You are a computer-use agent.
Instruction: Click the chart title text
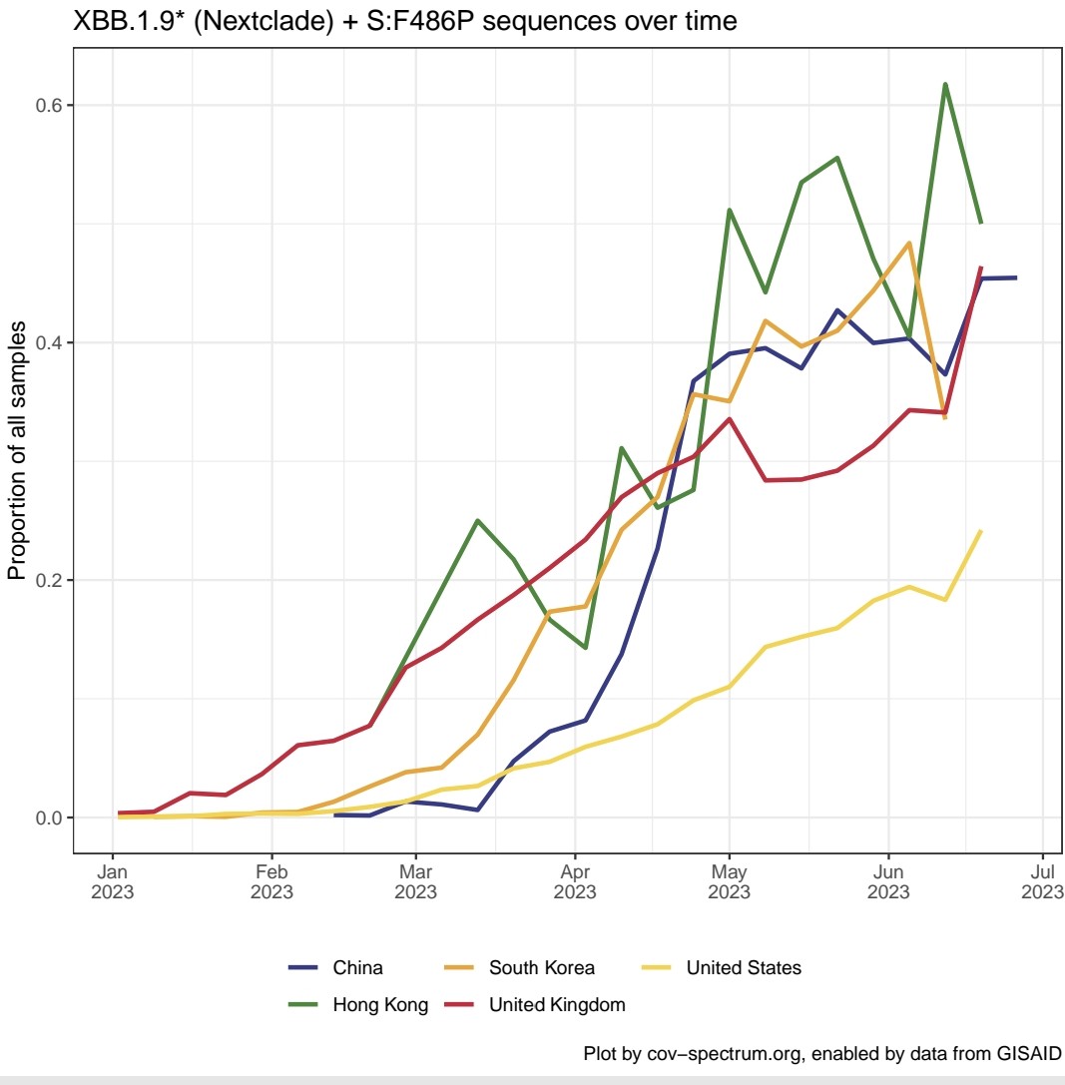coord(405,21)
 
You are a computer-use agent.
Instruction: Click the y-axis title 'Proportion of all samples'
coord(17,450)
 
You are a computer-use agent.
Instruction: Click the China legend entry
coord(357,967)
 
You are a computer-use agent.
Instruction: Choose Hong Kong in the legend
coord(379,1005)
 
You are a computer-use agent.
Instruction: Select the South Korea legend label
coord(541,967)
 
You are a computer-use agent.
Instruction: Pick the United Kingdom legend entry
coord(556,1005)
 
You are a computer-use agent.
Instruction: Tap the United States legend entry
coord(743,967)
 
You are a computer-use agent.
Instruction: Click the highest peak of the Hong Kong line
coord(944,84)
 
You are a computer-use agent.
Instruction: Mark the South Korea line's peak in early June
coord(909,243)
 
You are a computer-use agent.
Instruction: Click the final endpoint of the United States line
coord(981,531)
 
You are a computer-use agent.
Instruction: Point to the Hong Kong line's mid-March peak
coord(478,520)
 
